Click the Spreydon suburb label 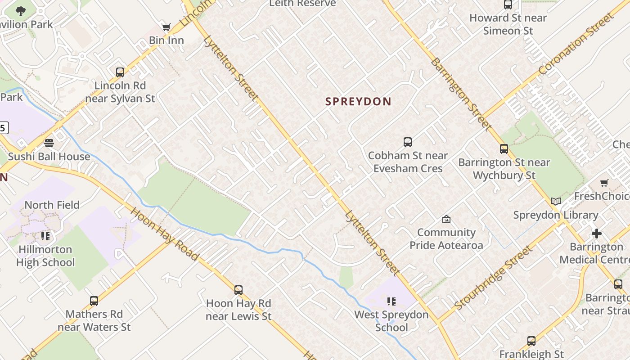[x=358, y=102]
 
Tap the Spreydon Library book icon [x=556, y=201]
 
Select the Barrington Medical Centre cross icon [x=596, y=234]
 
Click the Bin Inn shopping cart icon [x=166, y=27]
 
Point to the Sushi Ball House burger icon [x=49, y=143]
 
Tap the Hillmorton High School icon [x=45, y=236]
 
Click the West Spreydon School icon [x=391, y=301]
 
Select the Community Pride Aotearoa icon [x=446, y=219]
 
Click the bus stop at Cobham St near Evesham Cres [x=407, y=142]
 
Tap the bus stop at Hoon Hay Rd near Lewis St [x=238, y=290]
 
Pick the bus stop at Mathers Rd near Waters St [x=94, y=301]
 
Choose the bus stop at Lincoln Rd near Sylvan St [x=120, y=72]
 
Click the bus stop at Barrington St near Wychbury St [x=504, y=149]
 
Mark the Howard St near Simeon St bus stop [x=508, y=5]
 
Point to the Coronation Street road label [x=576, y=44]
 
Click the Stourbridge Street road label [x=494, y=278]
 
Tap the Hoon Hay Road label [x=164, y=234]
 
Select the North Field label [x=52, y=205]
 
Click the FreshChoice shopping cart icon [x=604, y=183]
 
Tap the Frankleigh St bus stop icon [x=531, y=341]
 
